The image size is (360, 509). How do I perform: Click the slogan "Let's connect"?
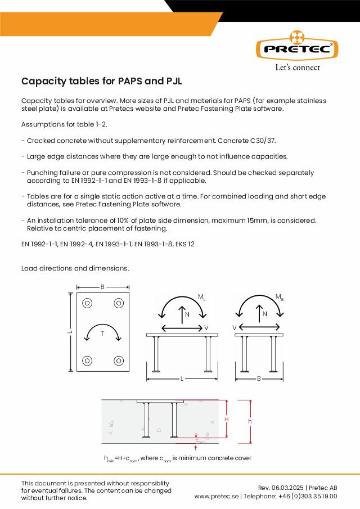tap(297, 67)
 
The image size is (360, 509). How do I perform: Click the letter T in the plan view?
tap(102, 334)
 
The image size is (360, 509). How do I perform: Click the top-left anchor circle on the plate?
tap(88, 304)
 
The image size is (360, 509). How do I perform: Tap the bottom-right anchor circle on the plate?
tap(119, 361)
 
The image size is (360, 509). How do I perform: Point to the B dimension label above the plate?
tap(102, 287)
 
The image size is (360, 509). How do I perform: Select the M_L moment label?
tap(201, 296)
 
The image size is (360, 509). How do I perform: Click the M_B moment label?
tap(280, 296)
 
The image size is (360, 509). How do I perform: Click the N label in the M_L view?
tap(187, 314)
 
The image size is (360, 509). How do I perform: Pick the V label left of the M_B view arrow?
tap(234, 327)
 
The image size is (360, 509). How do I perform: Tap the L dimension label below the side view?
tap(182, 379)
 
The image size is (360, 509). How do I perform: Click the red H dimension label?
tap(227, 420)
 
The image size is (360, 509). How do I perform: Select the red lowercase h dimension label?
tap(250, 422)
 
